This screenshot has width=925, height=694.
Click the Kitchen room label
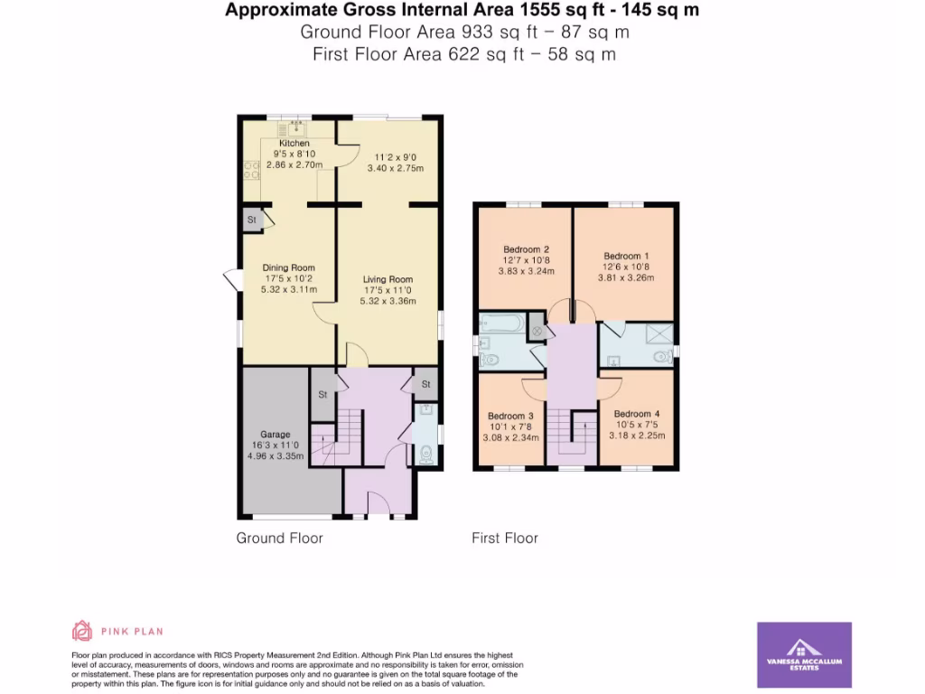coord(294,144)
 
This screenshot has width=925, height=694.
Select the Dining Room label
coord(288,267)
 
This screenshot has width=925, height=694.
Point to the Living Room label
coord(388,279)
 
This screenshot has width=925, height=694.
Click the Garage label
coord(275,435)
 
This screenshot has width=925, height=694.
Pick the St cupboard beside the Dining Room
coord(252,220)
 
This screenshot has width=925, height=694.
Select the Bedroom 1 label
coord(624,256)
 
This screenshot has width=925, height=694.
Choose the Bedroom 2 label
coord(526,249)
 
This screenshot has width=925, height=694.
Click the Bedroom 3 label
coord(511,416)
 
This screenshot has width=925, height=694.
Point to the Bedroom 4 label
coord(638,414)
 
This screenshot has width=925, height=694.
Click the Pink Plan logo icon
coord(82,631)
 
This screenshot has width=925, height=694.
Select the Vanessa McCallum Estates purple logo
coord(803,654)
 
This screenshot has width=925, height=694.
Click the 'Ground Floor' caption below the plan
coord(279,539)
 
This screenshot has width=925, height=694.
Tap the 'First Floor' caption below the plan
coord(504,539)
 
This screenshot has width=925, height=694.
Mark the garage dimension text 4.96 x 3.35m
coord(275,456)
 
